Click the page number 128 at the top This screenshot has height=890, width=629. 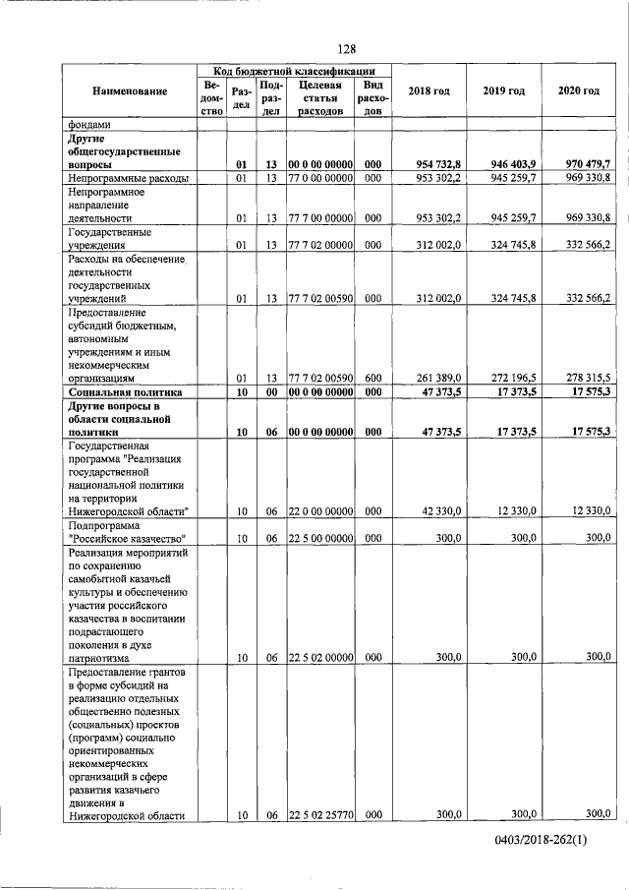[346, 49]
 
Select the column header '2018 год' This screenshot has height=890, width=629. [429, 91]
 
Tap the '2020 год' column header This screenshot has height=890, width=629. [579, 91]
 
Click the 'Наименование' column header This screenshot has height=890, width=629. [130, 91]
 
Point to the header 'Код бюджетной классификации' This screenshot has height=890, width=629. [295, 71]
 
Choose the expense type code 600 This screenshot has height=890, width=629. [372, 377]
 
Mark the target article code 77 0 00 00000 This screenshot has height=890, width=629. [319, 178]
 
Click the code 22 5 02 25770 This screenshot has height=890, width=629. [319, 814]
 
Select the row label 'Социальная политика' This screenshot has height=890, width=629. [127, 391]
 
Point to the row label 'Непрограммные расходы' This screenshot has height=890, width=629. [127, 178]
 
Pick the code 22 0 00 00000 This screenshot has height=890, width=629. [319, 510]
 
